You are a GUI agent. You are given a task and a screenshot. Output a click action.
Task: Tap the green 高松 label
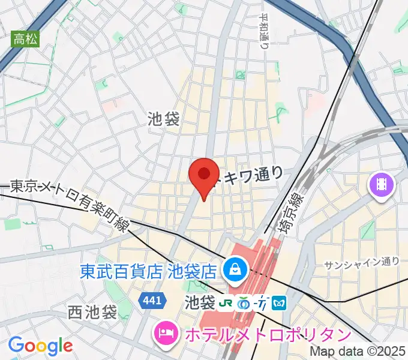(26, 40)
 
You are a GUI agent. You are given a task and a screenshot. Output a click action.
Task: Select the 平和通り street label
(265, 36)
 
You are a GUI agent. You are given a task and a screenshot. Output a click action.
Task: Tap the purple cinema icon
(382, 183)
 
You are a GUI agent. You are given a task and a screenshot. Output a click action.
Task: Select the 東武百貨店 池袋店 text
(148, 272)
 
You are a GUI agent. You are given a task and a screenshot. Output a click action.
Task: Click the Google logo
(40, 346)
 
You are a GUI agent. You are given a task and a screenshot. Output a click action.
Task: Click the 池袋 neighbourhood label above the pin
(164, 119)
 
